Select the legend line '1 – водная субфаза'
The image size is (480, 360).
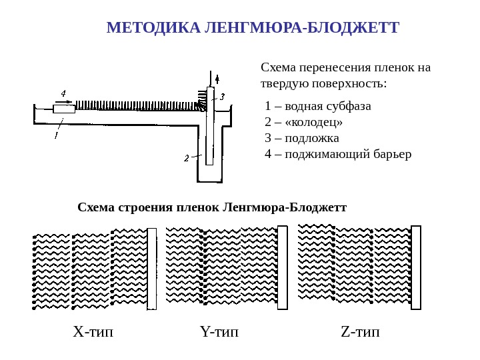[317, 106]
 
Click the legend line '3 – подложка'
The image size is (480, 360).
[301, 138]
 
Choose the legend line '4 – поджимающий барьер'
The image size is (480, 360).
[338, 154]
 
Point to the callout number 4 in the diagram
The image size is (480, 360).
[63, 93]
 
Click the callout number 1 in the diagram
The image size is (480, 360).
[56, 135]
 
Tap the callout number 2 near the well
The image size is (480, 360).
[187, 158]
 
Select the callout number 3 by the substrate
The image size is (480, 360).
[223, 97]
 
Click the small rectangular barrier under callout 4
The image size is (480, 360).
[64, 109]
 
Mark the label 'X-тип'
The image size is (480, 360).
[93, 331]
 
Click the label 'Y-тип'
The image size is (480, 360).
[219, 331]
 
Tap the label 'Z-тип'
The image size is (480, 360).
[359, 331]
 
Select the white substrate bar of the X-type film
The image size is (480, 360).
[152, 269]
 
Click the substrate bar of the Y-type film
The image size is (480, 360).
[282, 267]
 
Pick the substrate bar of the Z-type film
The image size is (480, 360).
[416, 267]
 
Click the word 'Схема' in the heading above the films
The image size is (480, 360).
[96, 207]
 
